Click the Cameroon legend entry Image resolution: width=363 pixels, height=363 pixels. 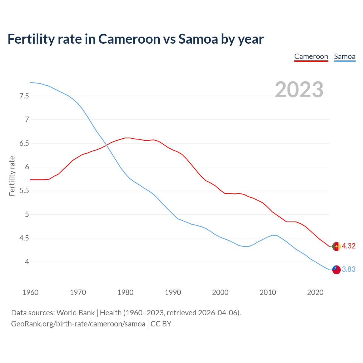[311, 56]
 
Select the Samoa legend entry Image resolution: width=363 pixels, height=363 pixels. [345, 56]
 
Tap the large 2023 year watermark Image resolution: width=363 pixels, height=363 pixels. [299, 90]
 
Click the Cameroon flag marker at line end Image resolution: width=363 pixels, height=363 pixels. [336, 246]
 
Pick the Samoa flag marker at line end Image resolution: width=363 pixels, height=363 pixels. [336, 270]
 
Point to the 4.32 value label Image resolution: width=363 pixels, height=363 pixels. [349, 246]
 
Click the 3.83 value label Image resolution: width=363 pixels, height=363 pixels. [349, 269]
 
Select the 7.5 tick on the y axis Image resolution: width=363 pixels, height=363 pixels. [24, 96]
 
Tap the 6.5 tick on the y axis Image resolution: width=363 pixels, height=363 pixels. [24, 143]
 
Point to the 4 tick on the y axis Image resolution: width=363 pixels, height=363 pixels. [27, 262]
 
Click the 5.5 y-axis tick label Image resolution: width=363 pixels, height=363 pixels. [24, 191]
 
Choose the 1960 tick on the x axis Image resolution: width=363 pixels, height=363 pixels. [30, 292]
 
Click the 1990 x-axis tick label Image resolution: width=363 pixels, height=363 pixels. [173, 292]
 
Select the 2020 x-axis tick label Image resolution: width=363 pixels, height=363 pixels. [315, 292]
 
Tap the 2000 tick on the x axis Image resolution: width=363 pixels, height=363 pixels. [220, 292]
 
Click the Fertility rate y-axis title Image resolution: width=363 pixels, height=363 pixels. [12, 176]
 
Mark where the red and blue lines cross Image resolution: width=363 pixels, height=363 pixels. [107, 145]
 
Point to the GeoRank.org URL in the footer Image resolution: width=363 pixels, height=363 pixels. [78, 324]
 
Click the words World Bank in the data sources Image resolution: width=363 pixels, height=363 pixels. [75, 313]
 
